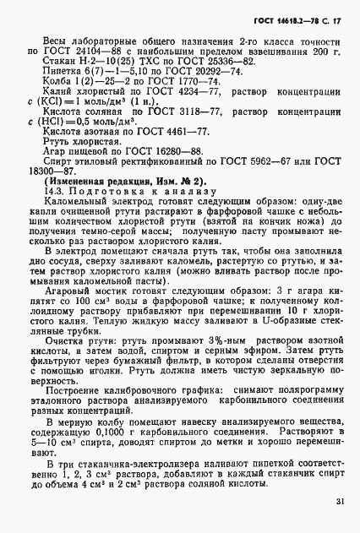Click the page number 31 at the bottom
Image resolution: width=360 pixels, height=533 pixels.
tap(338, 501)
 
